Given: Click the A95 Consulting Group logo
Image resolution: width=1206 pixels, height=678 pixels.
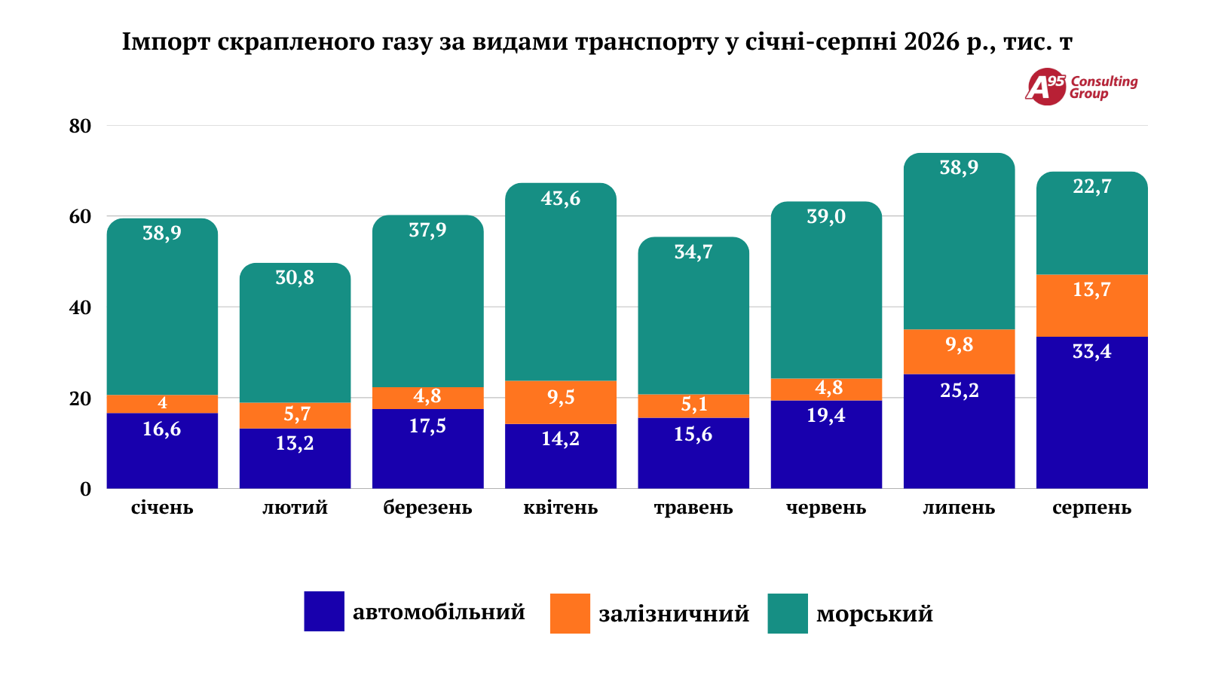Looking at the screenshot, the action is [1081, 87].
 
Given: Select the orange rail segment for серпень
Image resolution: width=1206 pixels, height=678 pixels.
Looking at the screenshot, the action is [1092, 306].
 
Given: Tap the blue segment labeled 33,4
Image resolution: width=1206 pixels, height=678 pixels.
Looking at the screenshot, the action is [1092, 413].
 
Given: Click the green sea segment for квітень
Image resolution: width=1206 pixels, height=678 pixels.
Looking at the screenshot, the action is [561, 282].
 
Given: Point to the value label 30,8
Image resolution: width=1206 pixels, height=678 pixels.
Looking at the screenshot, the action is [295, 278].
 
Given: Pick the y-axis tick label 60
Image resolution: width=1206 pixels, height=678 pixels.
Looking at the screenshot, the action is [80, 216].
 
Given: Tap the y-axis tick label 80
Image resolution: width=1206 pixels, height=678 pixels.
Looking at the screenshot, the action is [80, 126].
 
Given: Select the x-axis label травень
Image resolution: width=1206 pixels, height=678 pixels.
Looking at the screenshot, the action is [693, 508].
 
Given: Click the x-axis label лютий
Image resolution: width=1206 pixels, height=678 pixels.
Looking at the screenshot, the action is [295, 508].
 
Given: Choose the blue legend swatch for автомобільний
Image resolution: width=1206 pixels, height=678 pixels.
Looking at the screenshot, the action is [324, 611].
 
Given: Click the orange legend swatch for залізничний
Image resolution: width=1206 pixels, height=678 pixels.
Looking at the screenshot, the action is [570, 613].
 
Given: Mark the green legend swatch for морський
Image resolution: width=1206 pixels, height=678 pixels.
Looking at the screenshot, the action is [788, 613].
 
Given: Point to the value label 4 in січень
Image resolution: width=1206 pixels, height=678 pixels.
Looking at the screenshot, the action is [162, 402].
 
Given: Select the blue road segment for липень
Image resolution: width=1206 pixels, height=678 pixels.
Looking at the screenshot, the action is [959, 432].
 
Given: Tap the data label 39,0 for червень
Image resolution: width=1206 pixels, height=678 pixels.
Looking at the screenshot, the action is [826, 216].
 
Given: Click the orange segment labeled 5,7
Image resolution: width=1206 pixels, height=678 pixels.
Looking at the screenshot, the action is [295, 415].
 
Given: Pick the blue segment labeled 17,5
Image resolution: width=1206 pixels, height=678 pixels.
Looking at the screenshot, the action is [428, 449].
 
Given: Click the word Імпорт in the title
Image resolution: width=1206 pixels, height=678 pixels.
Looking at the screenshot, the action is [167, 42].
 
